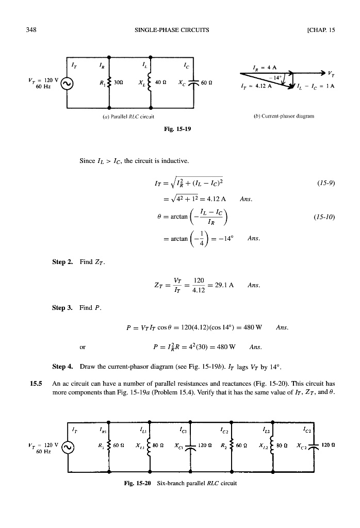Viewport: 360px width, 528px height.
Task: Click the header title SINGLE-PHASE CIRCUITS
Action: [171, 30]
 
